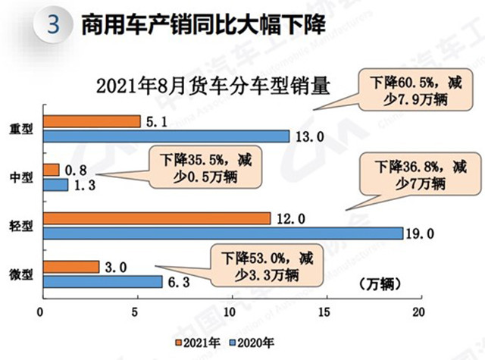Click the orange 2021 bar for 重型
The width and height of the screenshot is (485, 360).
pyautogui.click(x=92, y=121)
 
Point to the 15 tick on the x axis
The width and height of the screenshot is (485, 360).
pyautogui.click(x=326, y=311)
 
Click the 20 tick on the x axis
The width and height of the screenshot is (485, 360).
pyautogui.click(x=421, y=311)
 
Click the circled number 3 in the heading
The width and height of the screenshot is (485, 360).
pyautogui.click(x=53, y=26)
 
